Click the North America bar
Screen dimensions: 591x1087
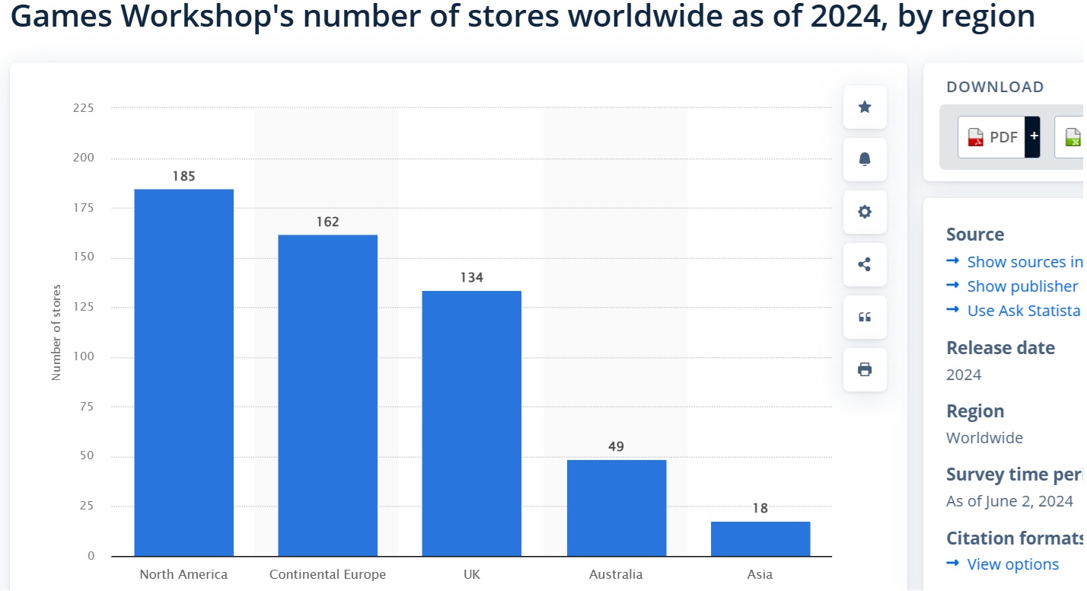coord(183,372)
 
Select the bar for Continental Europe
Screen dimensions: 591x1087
coord(327,395)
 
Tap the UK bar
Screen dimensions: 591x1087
coord(471,423)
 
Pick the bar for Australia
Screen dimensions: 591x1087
coord(616,508)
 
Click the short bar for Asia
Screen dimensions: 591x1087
coord(760,538)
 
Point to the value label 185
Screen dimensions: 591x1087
coord(183,176)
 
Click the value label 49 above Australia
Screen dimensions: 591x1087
coord(616,446)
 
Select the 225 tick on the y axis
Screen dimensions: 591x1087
coord(84,108)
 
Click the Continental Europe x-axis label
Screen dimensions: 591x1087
coord(327,574)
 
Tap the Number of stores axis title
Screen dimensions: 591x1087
coord(56,333)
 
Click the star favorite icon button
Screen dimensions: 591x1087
coord(865,107)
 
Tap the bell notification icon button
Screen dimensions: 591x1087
coord(865,159)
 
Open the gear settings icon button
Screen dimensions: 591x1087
coord(865,212)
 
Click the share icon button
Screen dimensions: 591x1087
coord(865,264)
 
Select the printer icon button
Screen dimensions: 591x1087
coord(865,369)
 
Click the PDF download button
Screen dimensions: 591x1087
coord(992,137)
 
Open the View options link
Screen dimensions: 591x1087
coord(1012,564)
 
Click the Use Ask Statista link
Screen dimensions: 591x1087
coord(1023,311)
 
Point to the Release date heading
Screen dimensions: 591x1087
coord(1000,348)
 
